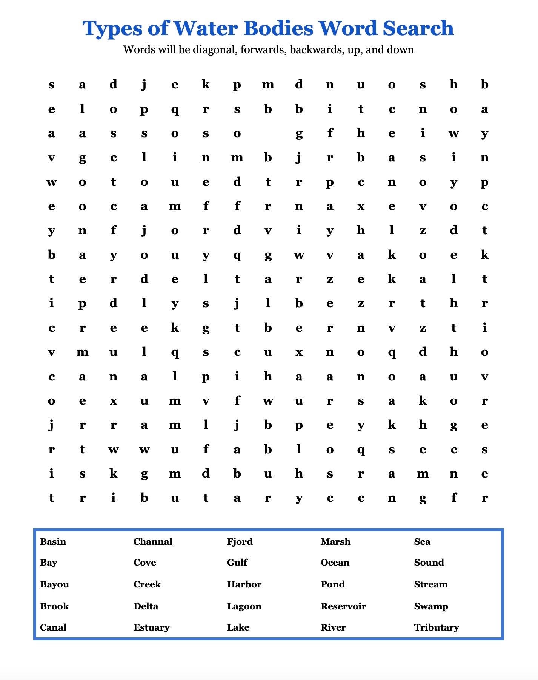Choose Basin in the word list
(x=53, y=542)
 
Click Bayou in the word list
(x=55, y=584)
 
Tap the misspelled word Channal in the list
(x=153, y=542)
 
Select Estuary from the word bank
(x=152, y=627)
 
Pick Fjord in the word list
(x=240, y=542)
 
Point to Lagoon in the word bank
(x=244, y=606)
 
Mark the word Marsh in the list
(x=335, y=542)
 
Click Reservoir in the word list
(x=343, y=606)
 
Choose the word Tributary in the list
(x=437, y=627)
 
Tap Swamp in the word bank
(x=431, y=606)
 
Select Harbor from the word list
(x=244, y=584)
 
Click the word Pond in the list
(x=333, y=584)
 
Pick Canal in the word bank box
(x=53, y=627)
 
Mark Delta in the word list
(x=146, y=606)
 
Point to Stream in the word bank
(x=431, y=584)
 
